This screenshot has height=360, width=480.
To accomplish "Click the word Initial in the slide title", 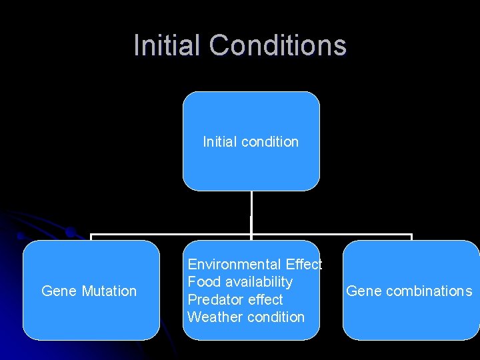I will coord(167,45).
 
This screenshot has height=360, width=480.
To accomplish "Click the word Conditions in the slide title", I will coord(277,45).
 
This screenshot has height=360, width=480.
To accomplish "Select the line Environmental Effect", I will coord(255,265).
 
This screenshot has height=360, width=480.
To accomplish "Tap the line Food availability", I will coord(240,282).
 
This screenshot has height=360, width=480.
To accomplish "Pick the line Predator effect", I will coord(235,300).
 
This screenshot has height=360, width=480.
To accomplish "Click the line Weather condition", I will coord(246,317).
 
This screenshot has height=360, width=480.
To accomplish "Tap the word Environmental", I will coord(234,265).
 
